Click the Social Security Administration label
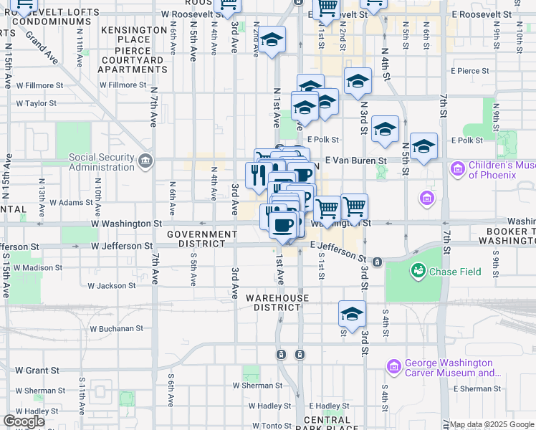coord(101,163)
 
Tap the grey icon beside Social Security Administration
coord(147,158)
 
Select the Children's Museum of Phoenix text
coord(502,170)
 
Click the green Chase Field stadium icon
coord(417,271)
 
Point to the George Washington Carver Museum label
coord(450,368)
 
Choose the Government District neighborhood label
coord(201,239)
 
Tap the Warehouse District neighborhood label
coord(277,302)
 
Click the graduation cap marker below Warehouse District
coord(352,314)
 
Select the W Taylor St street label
coord(36,103)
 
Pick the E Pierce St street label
coord(469,71)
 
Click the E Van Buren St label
coord(355,161)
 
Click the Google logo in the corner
coord(24,421)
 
